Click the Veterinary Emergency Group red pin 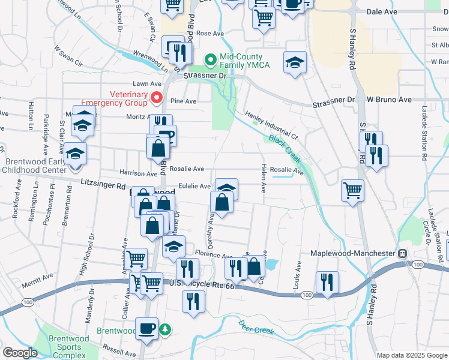point(157,97)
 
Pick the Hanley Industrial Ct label point(271,125)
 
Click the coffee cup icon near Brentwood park point(147,329)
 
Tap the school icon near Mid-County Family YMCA point(295,63)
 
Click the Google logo point(20,353)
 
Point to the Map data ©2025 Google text point(411,355)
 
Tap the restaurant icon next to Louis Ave point(327,283)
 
